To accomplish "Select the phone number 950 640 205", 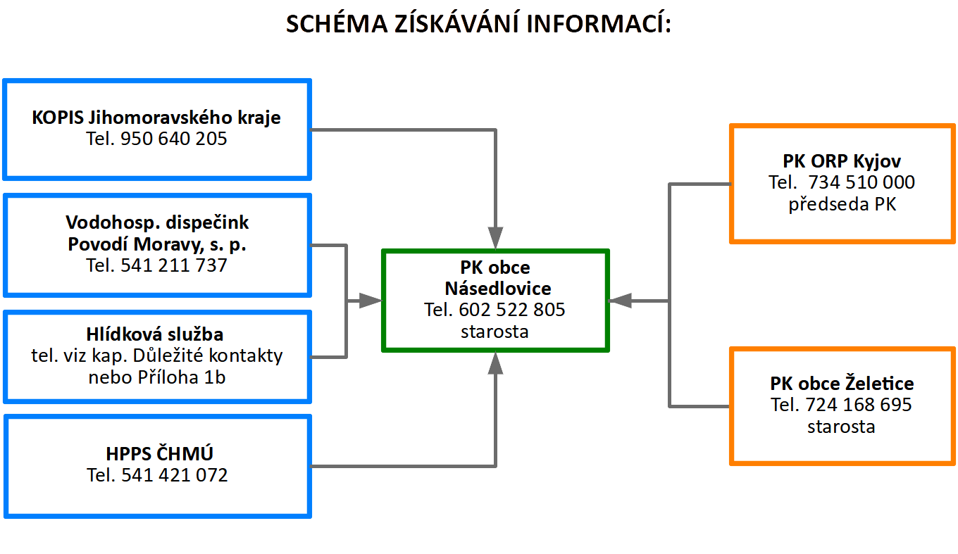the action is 173,139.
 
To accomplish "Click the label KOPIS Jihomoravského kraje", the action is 156,118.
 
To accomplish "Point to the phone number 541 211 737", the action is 173,265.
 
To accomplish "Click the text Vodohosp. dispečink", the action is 157,222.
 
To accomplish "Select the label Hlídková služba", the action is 155,334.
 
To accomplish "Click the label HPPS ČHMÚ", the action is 159,454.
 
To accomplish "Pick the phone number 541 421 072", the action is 175,475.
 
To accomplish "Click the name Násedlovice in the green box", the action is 498,289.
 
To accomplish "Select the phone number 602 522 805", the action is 512,310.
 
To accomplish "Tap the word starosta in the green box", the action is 494,332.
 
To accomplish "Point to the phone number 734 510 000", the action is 861,182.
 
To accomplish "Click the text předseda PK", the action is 842,204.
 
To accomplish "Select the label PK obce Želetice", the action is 842,384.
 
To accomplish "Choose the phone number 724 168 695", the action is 859,405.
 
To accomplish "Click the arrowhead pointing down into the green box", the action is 495,238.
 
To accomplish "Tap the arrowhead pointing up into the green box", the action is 495,363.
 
